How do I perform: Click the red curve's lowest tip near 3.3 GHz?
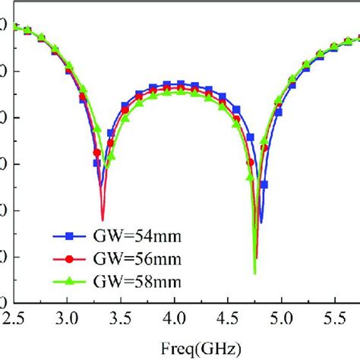coord(103,219)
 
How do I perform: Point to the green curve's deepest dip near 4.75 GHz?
coord(254,273)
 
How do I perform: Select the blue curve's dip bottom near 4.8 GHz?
coord(261,222)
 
